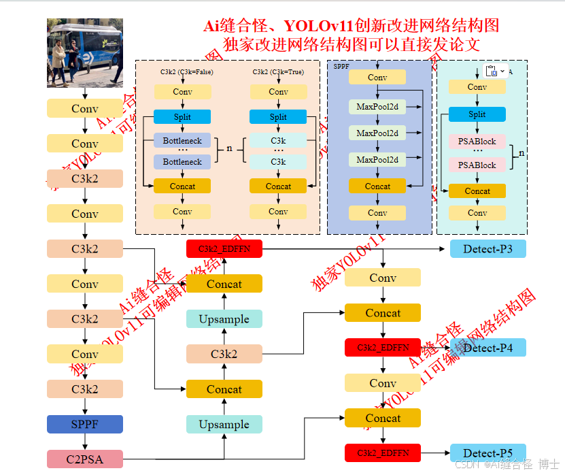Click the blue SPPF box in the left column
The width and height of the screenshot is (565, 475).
(84, 424)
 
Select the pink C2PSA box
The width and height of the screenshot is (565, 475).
(84, 459)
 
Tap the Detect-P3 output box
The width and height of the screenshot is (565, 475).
(487, 248)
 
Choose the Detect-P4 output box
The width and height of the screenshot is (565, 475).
(487, 348)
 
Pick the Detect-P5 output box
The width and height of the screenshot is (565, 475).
(487, 453)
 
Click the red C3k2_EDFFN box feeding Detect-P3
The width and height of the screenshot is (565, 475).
(224, 248)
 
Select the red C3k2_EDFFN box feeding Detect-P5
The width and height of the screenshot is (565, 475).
(382, 453)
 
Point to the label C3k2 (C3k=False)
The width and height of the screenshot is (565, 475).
(182, 71)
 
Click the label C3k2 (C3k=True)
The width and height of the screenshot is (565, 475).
(278, 71)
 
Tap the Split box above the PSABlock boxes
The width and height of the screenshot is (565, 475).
(477, 114)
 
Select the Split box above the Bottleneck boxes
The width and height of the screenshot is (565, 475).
(182, 116)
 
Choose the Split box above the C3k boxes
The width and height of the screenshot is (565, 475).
(278, 116)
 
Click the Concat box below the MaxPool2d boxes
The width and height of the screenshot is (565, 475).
(377, 186)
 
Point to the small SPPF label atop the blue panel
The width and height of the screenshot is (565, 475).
(341, 67)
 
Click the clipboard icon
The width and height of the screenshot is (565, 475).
(492, 71)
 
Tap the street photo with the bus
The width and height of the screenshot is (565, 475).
(84, 52)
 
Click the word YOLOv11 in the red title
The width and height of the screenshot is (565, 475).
(318, 26)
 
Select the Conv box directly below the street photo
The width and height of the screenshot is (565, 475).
(84, 109)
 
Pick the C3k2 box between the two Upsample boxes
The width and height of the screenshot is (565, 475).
(224, 354)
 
